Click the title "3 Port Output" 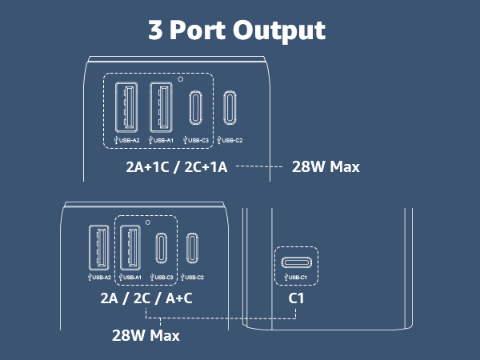click(237, 30)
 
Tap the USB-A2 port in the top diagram click(126, 107)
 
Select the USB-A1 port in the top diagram click(161, 107)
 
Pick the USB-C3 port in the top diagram click(195, 108)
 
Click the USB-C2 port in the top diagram click(230, 108)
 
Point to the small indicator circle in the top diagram click(181, 79)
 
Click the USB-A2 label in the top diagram click(126, 140)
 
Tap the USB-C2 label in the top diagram click(230, 140)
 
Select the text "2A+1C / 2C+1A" click(177, 167)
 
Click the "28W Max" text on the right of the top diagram click(326, 167)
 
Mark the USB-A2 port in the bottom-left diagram click(99, 248)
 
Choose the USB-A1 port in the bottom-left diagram click(130, 248)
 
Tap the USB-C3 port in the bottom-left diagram click(162, 248)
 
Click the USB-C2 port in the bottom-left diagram click(192, 248)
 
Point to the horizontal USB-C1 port click(297, 262)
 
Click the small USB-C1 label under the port click(295, 278)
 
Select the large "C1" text click(296, 298)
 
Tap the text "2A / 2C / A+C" click(146, 298)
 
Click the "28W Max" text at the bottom click(146, 335)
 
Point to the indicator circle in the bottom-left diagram click(148, 222)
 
